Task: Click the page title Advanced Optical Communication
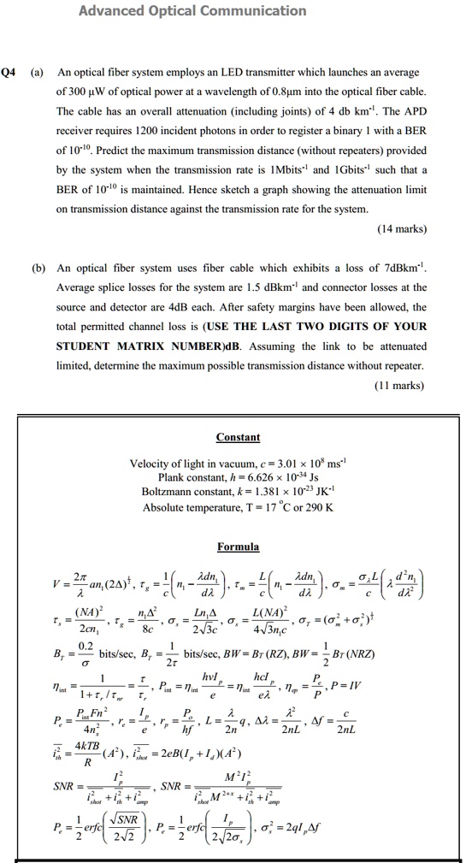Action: point(192,11)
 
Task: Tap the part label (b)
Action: point(38,267)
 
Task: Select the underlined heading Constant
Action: point(238,437)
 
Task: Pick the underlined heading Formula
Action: point(238,546)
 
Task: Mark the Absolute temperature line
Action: point(237,506)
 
